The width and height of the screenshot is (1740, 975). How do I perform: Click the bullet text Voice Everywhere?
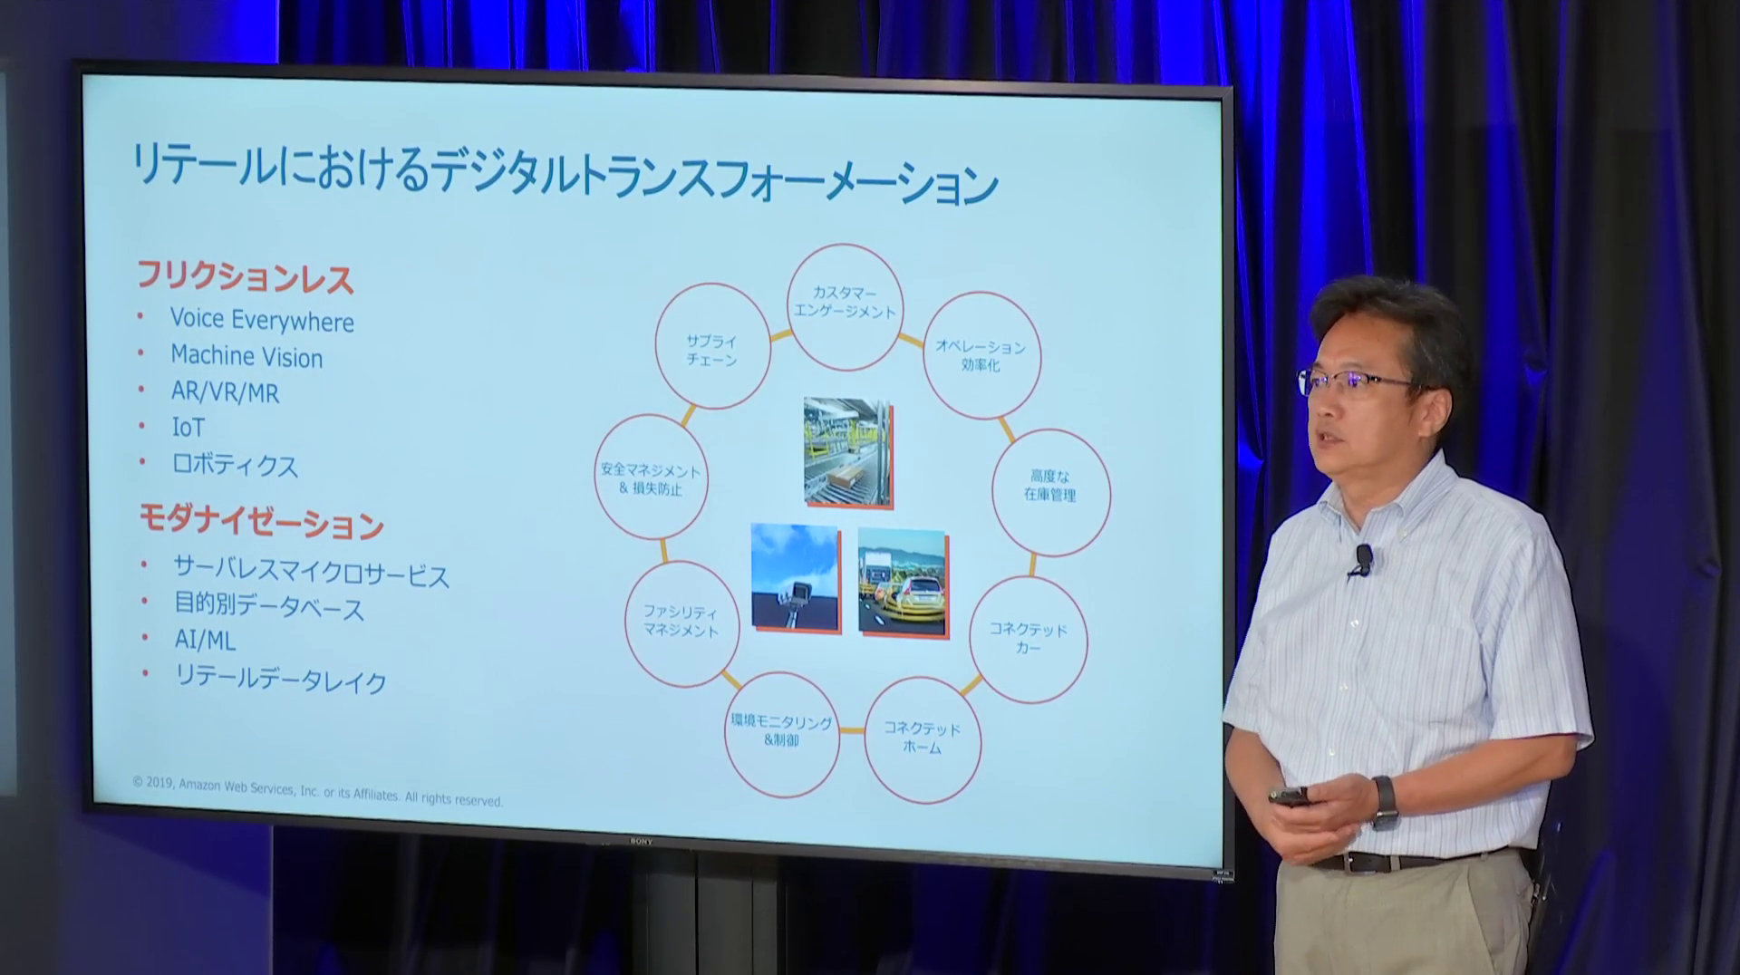[262, 321]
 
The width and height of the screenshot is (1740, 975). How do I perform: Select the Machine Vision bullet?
[246, 357]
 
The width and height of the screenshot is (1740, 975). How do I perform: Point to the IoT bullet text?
[188, 428]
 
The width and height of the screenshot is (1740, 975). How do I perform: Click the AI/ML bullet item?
[205, 641]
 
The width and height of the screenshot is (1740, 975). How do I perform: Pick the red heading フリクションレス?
[245, 277]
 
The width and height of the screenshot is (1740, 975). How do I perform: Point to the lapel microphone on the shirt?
[1362, 559]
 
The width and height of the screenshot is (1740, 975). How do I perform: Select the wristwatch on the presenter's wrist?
[1384, 802]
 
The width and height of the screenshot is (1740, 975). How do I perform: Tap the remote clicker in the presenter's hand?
[1288, 796]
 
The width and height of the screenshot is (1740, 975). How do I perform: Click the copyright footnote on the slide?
[317, 791]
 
